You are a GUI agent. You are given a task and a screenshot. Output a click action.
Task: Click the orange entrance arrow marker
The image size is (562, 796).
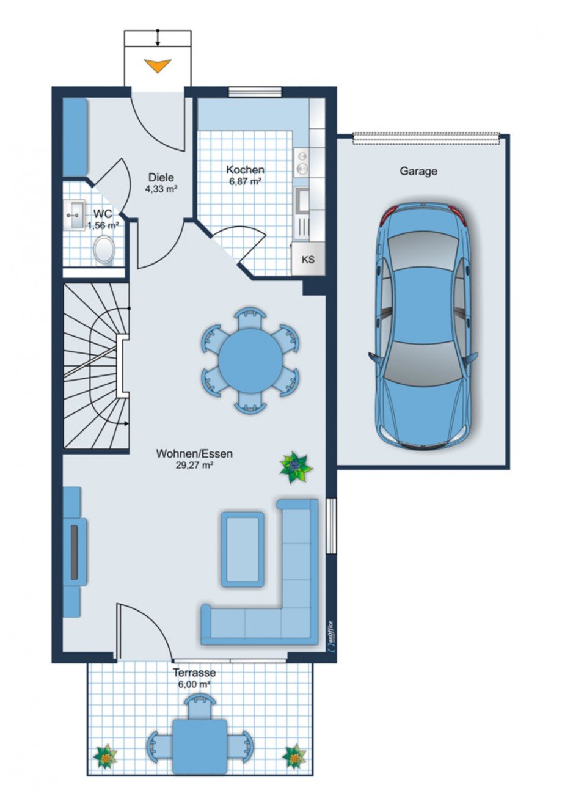[158, 65]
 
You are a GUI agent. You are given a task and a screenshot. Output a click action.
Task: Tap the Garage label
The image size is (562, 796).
[418, 171]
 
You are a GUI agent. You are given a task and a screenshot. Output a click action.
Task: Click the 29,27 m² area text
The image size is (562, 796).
[194, 466]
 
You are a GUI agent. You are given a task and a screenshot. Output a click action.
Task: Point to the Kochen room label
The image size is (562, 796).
[245, 170]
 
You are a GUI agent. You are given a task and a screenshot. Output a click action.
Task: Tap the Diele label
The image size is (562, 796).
[161, 177]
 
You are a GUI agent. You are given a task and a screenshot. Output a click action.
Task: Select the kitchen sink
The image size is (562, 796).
[302, 200]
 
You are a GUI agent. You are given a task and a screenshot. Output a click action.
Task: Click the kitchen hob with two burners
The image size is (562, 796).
[302, 162]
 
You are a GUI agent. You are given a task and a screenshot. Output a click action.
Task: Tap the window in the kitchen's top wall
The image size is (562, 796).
[255, 92]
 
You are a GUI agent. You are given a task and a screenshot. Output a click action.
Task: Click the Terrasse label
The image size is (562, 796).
[194, 673]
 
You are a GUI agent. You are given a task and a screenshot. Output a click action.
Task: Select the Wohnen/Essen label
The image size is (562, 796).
[194, 454]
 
